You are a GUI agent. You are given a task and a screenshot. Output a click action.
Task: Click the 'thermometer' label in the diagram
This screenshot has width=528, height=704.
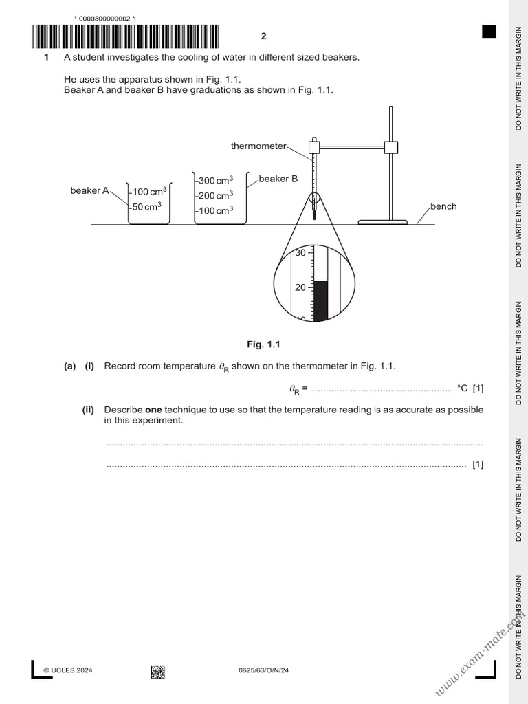(x=258, y=146)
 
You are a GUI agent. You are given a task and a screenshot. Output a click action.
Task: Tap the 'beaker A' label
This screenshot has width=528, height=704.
(x=89, y=190)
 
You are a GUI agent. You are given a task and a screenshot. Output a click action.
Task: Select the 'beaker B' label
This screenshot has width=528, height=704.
(x=278, y=179)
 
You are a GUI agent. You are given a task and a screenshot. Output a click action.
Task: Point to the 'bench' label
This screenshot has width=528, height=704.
(x=443, y=206)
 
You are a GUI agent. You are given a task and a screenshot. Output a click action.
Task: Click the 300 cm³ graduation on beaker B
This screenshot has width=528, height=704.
(x=215, y=181)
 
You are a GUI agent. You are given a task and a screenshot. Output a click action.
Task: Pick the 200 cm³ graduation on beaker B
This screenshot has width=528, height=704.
(x=215, y=196)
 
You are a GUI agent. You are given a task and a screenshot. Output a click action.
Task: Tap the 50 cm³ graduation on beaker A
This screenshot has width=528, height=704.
(x=147, y=206)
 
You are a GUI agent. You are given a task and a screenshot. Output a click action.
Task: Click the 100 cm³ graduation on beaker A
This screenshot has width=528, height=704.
(x=149, y=192)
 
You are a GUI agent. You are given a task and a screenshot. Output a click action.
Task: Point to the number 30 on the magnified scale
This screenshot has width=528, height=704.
(x=300, y=253)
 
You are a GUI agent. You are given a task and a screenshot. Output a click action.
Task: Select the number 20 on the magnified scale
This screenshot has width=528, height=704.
(x=300, y=287)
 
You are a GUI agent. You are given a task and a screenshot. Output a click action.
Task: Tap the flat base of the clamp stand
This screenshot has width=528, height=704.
(x=383, y=221)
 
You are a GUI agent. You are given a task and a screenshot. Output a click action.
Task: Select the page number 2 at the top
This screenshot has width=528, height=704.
(x=263, y=36)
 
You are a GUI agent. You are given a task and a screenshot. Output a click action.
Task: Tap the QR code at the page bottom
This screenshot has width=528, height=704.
(x=157, y=671)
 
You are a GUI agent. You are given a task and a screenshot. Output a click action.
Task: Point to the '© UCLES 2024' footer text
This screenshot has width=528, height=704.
(x=68, y=670)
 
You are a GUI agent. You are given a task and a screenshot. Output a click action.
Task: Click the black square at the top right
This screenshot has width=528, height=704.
(x=489, y=31)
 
